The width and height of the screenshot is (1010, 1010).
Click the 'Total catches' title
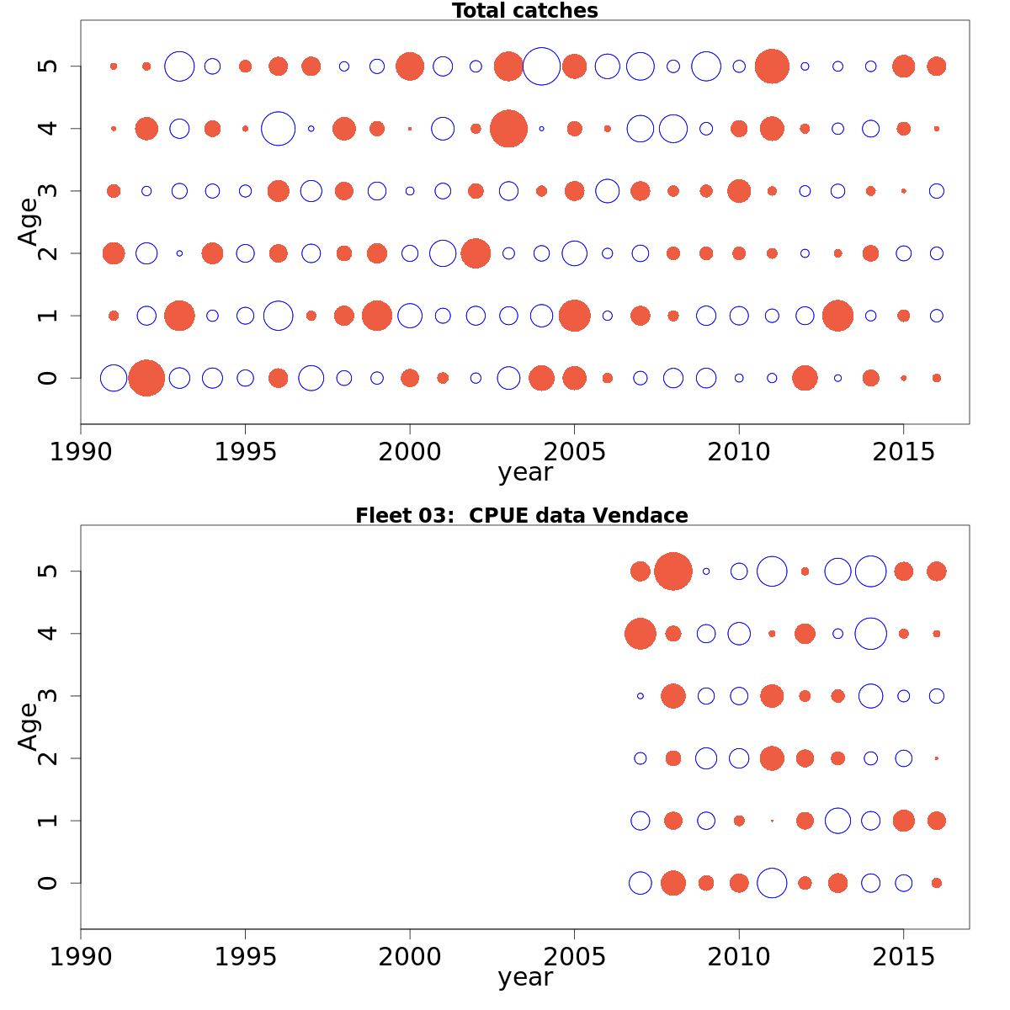(x=524, y=11)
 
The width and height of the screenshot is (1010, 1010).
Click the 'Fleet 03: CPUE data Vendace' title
(x=521, y=515)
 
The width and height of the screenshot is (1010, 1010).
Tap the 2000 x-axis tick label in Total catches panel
(x=410, y=452)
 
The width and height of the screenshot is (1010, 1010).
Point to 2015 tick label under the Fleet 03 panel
(x=903, y=957)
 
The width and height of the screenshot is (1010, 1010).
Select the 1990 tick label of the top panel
(x=81, y=452)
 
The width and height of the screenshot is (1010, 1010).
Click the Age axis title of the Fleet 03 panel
(x=29, y=726)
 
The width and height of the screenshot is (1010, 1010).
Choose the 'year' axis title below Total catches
(x=524, y=473)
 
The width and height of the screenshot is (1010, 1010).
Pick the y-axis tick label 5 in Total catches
(x=48, y=66)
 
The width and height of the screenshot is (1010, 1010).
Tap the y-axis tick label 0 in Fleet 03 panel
(x=48, y=883)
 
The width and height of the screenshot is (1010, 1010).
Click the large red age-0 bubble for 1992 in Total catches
(x=146, y=378)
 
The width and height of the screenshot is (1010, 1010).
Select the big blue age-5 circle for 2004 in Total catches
(x=541, y=66)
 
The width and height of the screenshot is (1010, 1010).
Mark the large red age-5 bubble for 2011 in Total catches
(x=772, y=66)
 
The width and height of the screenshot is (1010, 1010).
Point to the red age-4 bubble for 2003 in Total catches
(x=508, y=129)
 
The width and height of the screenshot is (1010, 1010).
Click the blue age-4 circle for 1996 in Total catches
(x=278, y=129)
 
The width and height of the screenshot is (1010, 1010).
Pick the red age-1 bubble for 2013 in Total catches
(x=837, y=316)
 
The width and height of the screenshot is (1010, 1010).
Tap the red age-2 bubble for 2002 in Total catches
(x=476, y=253)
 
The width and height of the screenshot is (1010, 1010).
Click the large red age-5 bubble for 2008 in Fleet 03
(x=673, y=571)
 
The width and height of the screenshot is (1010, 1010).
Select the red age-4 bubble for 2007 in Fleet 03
(x=641, y=634)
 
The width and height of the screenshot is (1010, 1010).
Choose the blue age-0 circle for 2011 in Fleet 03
(x=772, y=883)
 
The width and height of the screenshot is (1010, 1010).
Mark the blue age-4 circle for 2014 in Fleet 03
(x=870, y=634)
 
